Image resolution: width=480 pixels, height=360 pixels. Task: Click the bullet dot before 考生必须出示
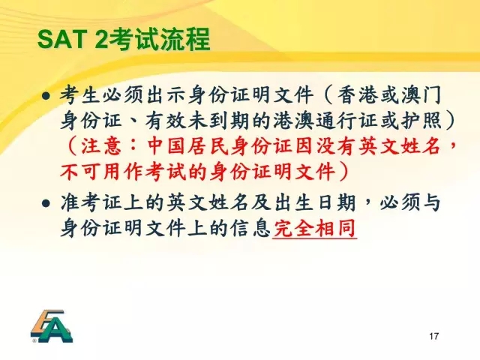[46, 97]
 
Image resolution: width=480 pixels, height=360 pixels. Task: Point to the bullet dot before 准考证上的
[46, 203]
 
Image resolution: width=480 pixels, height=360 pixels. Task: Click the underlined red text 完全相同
[315, 228]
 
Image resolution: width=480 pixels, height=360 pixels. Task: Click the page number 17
[433, 336]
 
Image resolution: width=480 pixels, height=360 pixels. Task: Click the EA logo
[52, 326]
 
